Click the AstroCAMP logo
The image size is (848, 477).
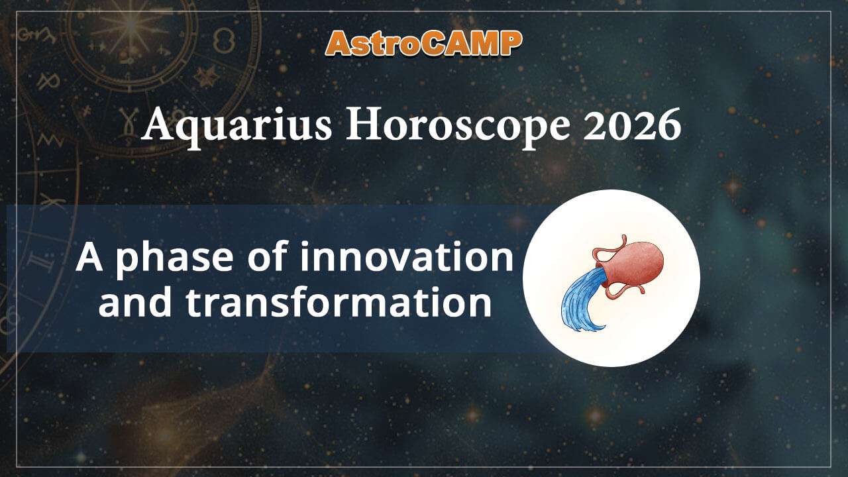(x=424, y=43)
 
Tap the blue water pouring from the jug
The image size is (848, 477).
(x=580, y=301)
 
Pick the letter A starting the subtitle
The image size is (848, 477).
(x=89, y=257)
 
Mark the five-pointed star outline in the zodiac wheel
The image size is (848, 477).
(x=206, y=75)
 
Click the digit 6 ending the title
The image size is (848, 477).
(x=670, y=126)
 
